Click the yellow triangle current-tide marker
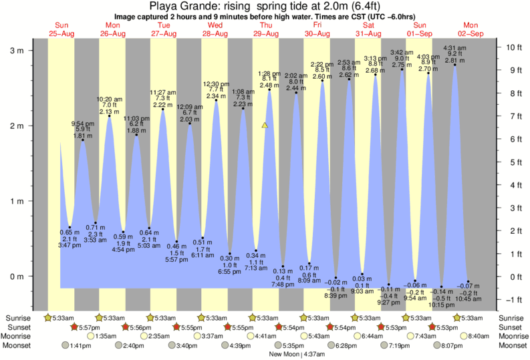click(x=265, y=125)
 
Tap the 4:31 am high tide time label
click(x=454, y=47)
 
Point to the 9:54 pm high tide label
click(x=82, y=124)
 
